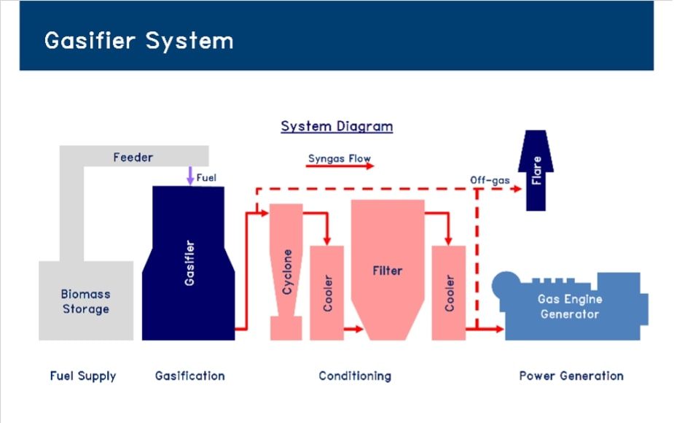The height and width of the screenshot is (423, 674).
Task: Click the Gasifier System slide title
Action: (139, 40)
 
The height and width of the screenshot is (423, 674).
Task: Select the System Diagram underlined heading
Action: (337, 126)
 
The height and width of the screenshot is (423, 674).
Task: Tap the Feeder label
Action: (133, 157)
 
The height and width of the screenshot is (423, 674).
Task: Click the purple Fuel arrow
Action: (190, 176)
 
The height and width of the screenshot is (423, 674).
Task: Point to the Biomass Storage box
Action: (86, 300)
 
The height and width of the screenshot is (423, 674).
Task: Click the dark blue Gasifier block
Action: (188, 263)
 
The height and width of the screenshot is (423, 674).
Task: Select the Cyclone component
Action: (286, 272)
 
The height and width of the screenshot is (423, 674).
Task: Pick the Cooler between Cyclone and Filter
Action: (326, 293)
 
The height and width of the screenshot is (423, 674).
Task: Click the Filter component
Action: (388, 270)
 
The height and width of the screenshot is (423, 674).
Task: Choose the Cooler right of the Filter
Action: (449, 293)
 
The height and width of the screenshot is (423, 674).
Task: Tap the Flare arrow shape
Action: (536, 171)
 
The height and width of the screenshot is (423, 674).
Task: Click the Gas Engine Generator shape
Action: (570, 306)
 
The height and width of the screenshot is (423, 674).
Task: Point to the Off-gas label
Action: (490, 180)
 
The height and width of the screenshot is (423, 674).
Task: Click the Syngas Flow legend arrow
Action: (340, 166)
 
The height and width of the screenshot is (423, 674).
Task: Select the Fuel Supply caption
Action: (83, 376)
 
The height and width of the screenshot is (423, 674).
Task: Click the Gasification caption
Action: (190, 376)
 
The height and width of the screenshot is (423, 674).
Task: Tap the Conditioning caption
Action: (355, 376)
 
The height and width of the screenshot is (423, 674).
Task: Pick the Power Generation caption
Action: (571, 376)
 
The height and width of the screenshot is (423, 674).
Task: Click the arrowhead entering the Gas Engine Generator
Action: (499, 329)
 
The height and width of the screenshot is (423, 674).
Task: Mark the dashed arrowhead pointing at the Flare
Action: (517, 188)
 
